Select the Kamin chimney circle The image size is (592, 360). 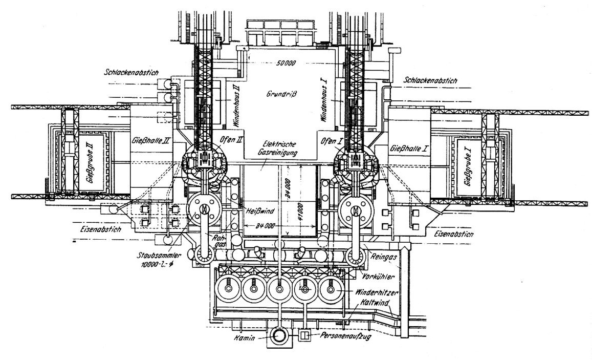click(279, 336)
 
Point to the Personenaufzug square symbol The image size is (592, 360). click(305, 336)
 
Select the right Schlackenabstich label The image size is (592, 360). click(430, 80)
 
